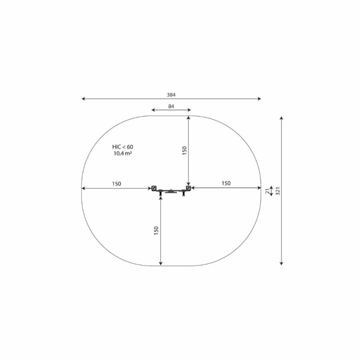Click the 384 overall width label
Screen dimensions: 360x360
point(171,94)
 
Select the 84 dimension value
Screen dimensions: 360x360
point(171,106)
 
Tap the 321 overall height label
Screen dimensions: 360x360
point(278,191)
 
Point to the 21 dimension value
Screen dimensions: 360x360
point(268,191)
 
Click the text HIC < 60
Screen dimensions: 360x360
point(123,147)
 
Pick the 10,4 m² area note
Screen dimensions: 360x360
point(123,153)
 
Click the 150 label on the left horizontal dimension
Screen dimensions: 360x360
point(116,184)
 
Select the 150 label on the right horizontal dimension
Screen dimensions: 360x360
point(226,183)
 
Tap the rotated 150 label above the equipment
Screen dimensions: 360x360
point(184,151)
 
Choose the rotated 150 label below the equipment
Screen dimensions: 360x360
point(156,230)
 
